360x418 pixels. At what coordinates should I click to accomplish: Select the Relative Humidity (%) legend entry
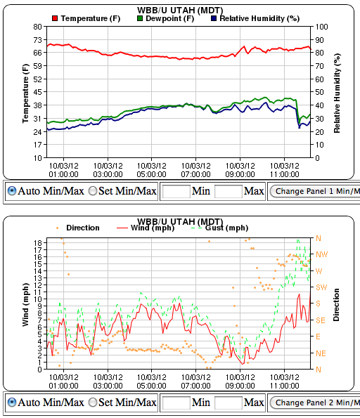[x=255, y=18]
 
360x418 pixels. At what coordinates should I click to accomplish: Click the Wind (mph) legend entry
[x=151, y=228]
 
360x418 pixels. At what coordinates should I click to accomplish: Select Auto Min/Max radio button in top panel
[x=12, y=191]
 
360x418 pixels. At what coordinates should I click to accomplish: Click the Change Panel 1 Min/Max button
[x=316, y=191]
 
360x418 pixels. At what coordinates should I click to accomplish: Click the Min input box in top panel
[x=176, y=191]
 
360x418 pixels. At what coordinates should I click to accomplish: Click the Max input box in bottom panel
[x=228, y=403]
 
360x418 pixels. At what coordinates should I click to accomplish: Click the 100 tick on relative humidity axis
[x=321, y=27]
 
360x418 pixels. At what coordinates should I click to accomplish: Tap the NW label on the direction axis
[x=323, y=254]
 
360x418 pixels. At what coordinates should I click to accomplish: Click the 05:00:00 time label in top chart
[x=151, y=170]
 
